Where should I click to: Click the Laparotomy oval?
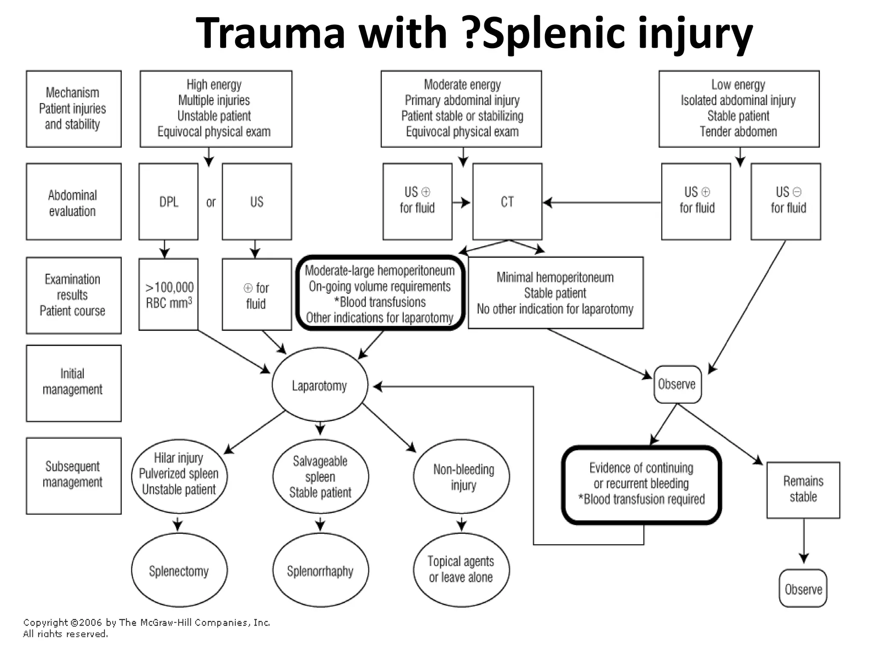click(x=320, y=386)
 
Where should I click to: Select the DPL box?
click(x=169, y=202)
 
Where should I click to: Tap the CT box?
click(x=507, y=202)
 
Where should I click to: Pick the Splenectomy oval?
click(x=179, y=571)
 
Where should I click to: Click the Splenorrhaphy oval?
click(x=320, y=571)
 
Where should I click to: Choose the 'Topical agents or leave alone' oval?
click(x=461, y=570)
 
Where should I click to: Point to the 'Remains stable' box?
click(x=803, y=490)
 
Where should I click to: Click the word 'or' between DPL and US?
click(x=211, y=202)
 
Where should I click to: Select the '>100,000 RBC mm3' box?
click(x=169, y=294)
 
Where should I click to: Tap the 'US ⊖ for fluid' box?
click(x=786, y=201)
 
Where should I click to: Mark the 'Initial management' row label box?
click(x=73, y=383)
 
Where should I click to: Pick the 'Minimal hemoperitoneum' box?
click(x=555, y=293)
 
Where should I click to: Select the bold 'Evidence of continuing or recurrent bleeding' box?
click(x=641, y=485)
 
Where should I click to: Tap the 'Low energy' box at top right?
click(x=739, y=109)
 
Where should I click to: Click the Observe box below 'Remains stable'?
click(x=803, y=589)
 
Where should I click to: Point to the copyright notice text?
click(x=146, y=628)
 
